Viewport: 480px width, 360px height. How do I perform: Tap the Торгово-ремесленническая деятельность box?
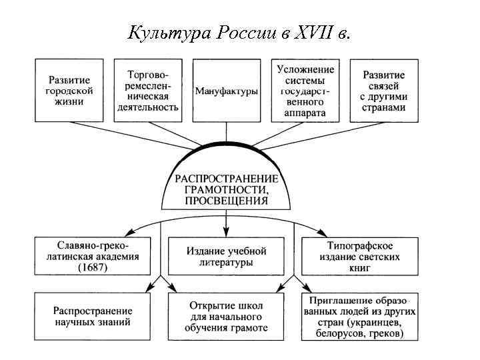[x=147, y=91]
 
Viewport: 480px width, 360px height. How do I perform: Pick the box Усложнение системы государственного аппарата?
[x=305, y=91]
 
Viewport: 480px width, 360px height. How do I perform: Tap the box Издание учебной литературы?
[x=227, y=257]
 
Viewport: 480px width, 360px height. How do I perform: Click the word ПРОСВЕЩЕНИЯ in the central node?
[x=227, y=199]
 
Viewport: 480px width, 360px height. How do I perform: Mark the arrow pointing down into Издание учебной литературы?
[x=227, y=230]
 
